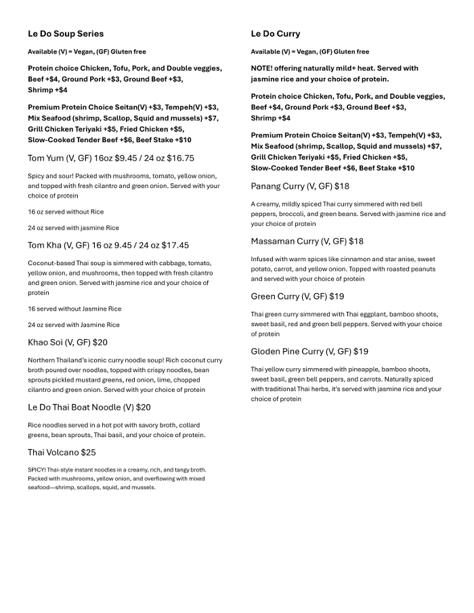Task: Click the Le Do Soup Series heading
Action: pos(66,34)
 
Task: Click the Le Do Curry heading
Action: pos(276,34)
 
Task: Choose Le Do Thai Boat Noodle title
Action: pos(89,407)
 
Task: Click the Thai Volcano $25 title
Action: pos(62,453)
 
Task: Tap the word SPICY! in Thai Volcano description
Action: pos(37,470)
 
